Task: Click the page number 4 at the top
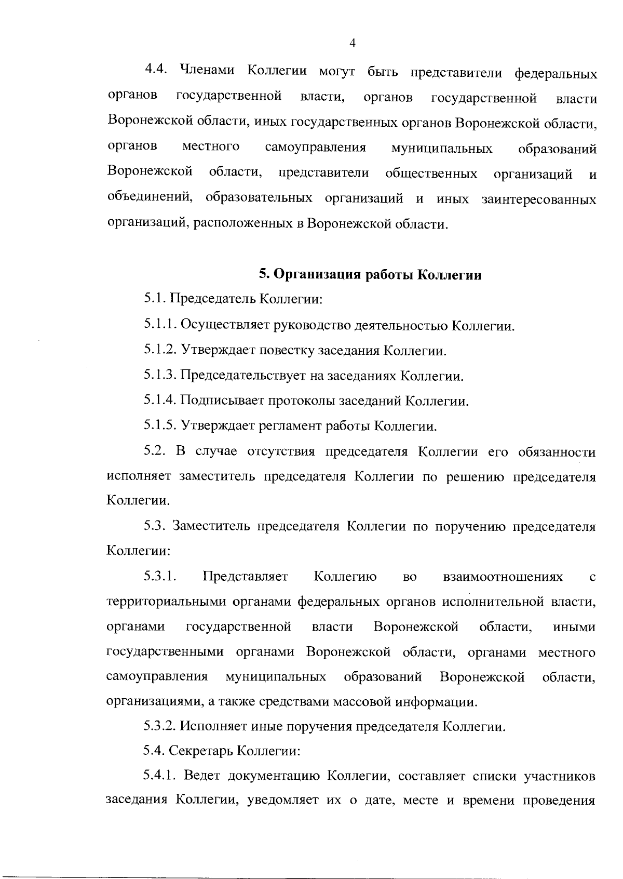point(353,44)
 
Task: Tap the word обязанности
point(557,451)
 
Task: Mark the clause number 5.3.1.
point(161,577)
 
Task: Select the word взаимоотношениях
point(503,577)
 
